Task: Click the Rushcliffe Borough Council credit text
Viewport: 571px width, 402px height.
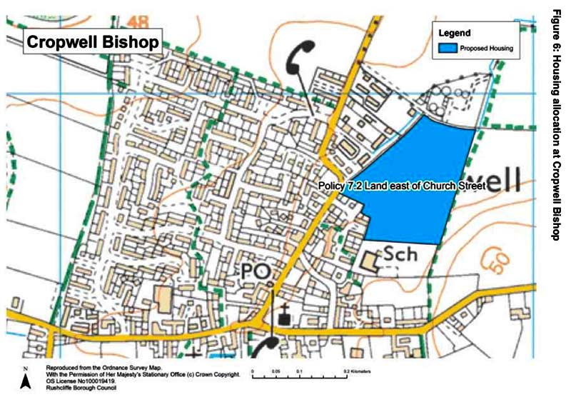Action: pos(68,388)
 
